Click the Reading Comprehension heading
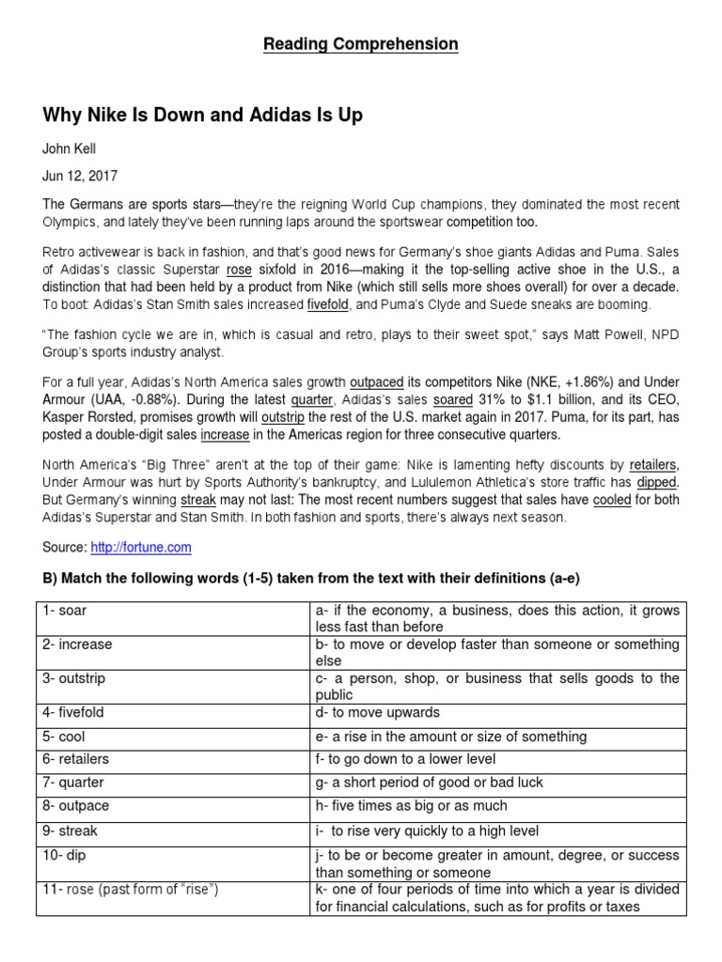click(361, 44)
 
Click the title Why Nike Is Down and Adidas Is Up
click(202, 116)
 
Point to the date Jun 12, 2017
click(79, 176)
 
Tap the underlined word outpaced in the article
click(376, 382)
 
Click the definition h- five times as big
click(411, 805)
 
